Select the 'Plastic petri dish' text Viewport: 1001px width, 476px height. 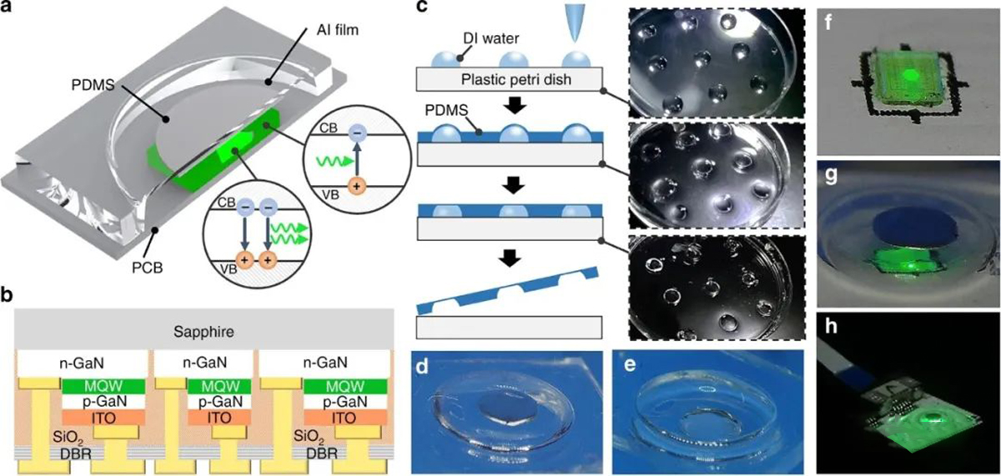pyautogui.click(x=507, y=79)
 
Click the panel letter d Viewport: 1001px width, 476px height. pyautogui.click(x=423, y=363)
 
